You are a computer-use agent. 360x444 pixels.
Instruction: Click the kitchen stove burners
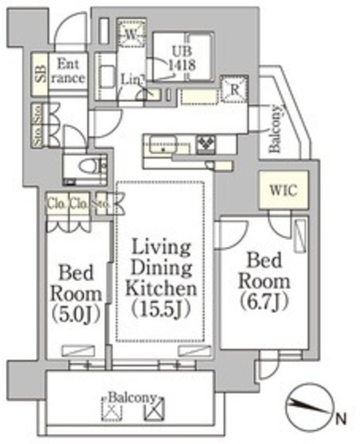(x=207, y=144)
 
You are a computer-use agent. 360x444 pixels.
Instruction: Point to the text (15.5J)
(x=160, y=308)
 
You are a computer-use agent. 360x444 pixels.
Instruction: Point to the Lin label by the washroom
(x=133, y=81)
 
